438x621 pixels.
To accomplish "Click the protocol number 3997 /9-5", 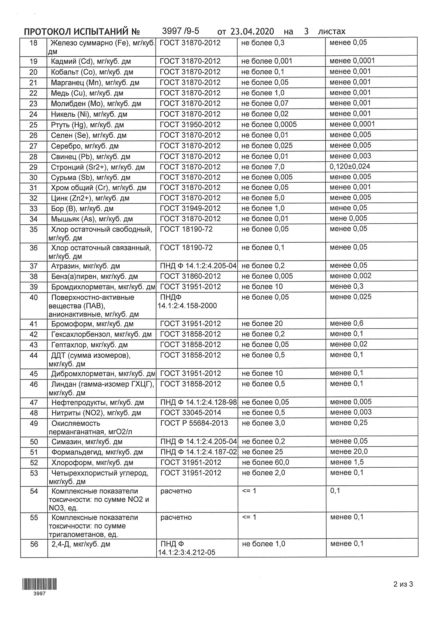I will [180, 31].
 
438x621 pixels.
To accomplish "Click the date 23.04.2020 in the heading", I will [252, 32].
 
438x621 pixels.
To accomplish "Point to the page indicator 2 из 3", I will [403, 584].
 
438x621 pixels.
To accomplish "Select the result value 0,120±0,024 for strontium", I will [349, 166].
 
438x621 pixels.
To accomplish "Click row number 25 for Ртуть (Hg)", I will [33, 125].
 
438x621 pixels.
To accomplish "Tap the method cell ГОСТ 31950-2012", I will [190, 125].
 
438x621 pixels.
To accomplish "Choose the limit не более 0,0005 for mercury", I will [269, 124].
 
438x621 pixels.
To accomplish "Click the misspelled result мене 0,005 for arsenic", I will [348, 218].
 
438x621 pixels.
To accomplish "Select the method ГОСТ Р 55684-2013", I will [194, 423].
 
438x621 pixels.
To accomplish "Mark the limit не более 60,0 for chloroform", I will [265, 463].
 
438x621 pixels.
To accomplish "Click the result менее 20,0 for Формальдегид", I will [349, 451].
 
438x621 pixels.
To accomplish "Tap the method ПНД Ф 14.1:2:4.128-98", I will [199, 402].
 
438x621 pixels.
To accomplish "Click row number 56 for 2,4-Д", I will [34, 544].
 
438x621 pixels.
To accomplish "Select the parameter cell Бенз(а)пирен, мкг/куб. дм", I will [95, 276].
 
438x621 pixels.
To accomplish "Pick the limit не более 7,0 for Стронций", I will [263, 167].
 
